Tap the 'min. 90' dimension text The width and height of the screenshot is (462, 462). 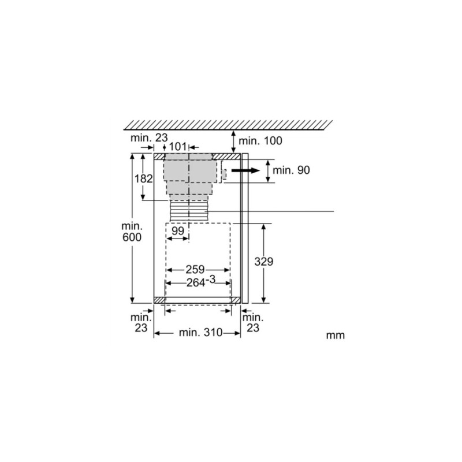292,170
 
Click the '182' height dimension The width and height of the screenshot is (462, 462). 143,178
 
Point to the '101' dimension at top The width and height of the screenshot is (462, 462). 177,147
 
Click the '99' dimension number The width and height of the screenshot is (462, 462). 178,231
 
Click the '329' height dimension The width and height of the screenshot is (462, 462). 264,262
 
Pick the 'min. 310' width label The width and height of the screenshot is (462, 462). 198,333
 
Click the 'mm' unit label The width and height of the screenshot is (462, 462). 335,336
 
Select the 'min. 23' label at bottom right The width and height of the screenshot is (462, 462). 252,322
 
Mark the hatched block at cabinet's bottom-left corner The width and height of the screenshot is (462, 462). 159,300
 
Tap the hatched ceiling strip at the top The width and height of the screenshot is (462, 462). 228,124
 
